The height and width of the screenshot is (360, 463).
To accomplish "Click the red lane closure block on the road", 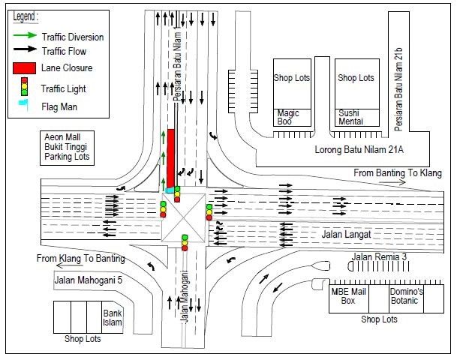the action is (x=170, y=158).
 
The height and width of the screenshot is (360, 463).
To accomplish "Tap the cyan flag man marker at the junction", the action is (x=170, y=190).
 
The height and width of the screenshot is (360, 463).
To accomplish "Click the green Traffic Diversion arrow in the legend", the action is (x=25, y=35).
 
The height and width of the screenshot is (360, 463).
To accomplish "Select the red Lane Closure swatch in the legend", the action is (x=25, y=68).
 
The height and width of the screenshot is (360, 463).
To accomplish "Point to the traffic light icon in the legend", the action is (x=25, y=86).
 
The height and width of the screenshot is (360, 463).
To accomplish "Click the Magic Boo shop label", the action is (x=288, y=117).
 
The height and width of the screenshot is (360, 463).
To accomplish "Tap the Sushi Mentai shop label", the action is (x=350, y=117).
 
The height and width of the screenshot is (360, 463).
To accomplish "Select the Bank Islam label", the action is (x=113, y=317).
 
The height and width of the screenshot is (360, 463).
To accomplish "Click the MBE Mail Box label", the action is (x=348, y=296).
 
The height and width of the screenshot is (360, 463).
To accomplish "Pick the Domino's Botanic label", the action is (x=406, y=296).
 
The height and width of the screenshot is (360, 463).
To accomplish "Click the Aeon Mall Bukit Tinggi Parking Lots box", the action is (x=67, y=148).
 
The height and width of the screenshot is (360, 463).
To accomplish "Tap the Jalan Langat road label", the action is (x=346, y=235).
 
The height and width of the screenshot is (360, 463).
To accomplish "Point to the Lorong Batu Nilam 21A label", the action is (x=359, y=149).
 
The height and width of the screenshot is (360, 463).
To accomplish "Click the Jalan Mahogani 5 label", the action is (x=88, y=280).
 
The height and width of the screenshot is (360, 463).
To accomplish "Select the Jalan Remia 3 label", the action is (x=379, y=256).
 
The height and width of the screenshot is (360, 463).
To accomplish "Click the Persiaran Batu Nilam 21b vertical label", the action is (x=398, y=89).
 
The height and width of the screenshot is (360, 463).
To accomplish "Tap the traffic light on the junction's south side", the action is (x=185, y=242).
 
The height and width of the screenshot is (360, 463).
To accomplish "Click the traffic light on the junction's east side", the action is (x=209, y=212).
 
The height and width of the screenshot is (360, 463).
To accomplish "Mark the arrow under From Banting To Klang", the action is (x=392, y=183).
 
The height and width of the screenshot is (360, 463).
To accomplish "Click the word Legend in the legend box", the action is (x=26, y=16).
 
